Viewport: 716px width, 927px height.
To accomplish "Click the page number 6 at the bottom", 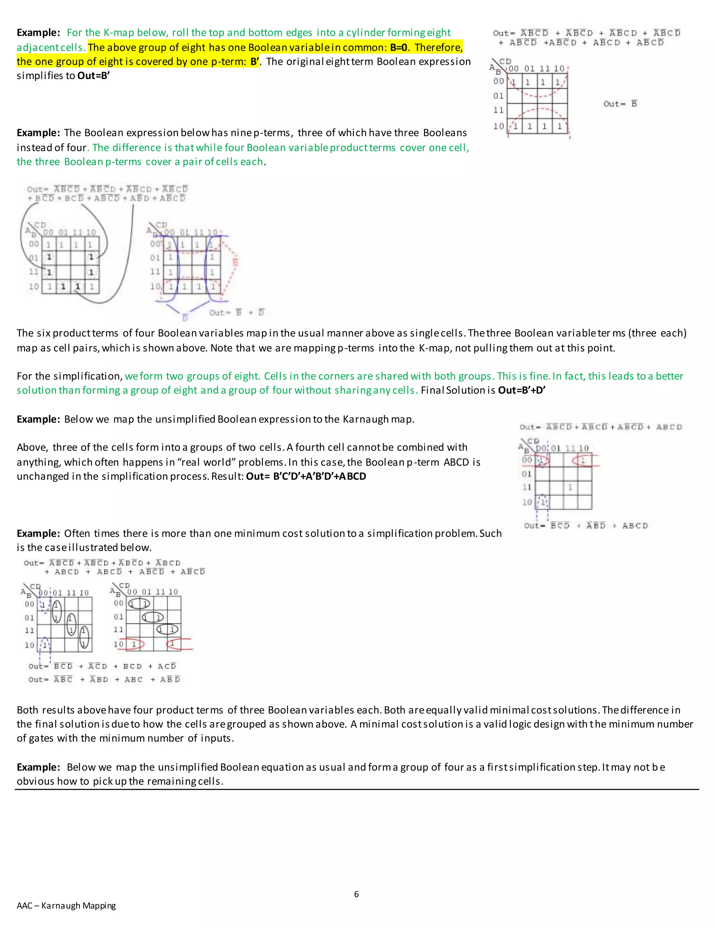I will click(x=356, y=894).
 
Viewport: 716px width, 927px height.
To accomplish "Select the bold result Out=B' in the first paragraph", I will click(x=93, y=76).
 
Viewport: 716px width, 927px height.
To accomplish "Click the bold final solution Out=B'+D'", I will click(x=521, y=390).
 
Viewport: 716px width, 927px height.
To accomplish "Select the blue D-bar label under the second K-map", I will click(x=185, y=318).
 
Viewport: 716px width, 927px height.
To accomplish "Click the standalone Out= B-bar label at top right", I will click(x=620, y=104).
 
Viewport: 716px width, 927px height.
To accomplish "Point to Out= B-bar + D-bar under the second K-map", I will click(x=236, y=313).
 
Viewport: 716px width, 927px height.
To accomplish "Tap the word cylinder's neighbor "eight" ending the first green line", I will click(x=439, y=33).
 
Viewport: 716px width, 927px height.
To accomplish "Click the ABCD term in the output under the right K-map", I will click(x=635, y=526).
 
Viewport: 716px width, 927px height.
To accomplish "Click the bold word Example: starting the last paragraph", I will click(x=38, y=767).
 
